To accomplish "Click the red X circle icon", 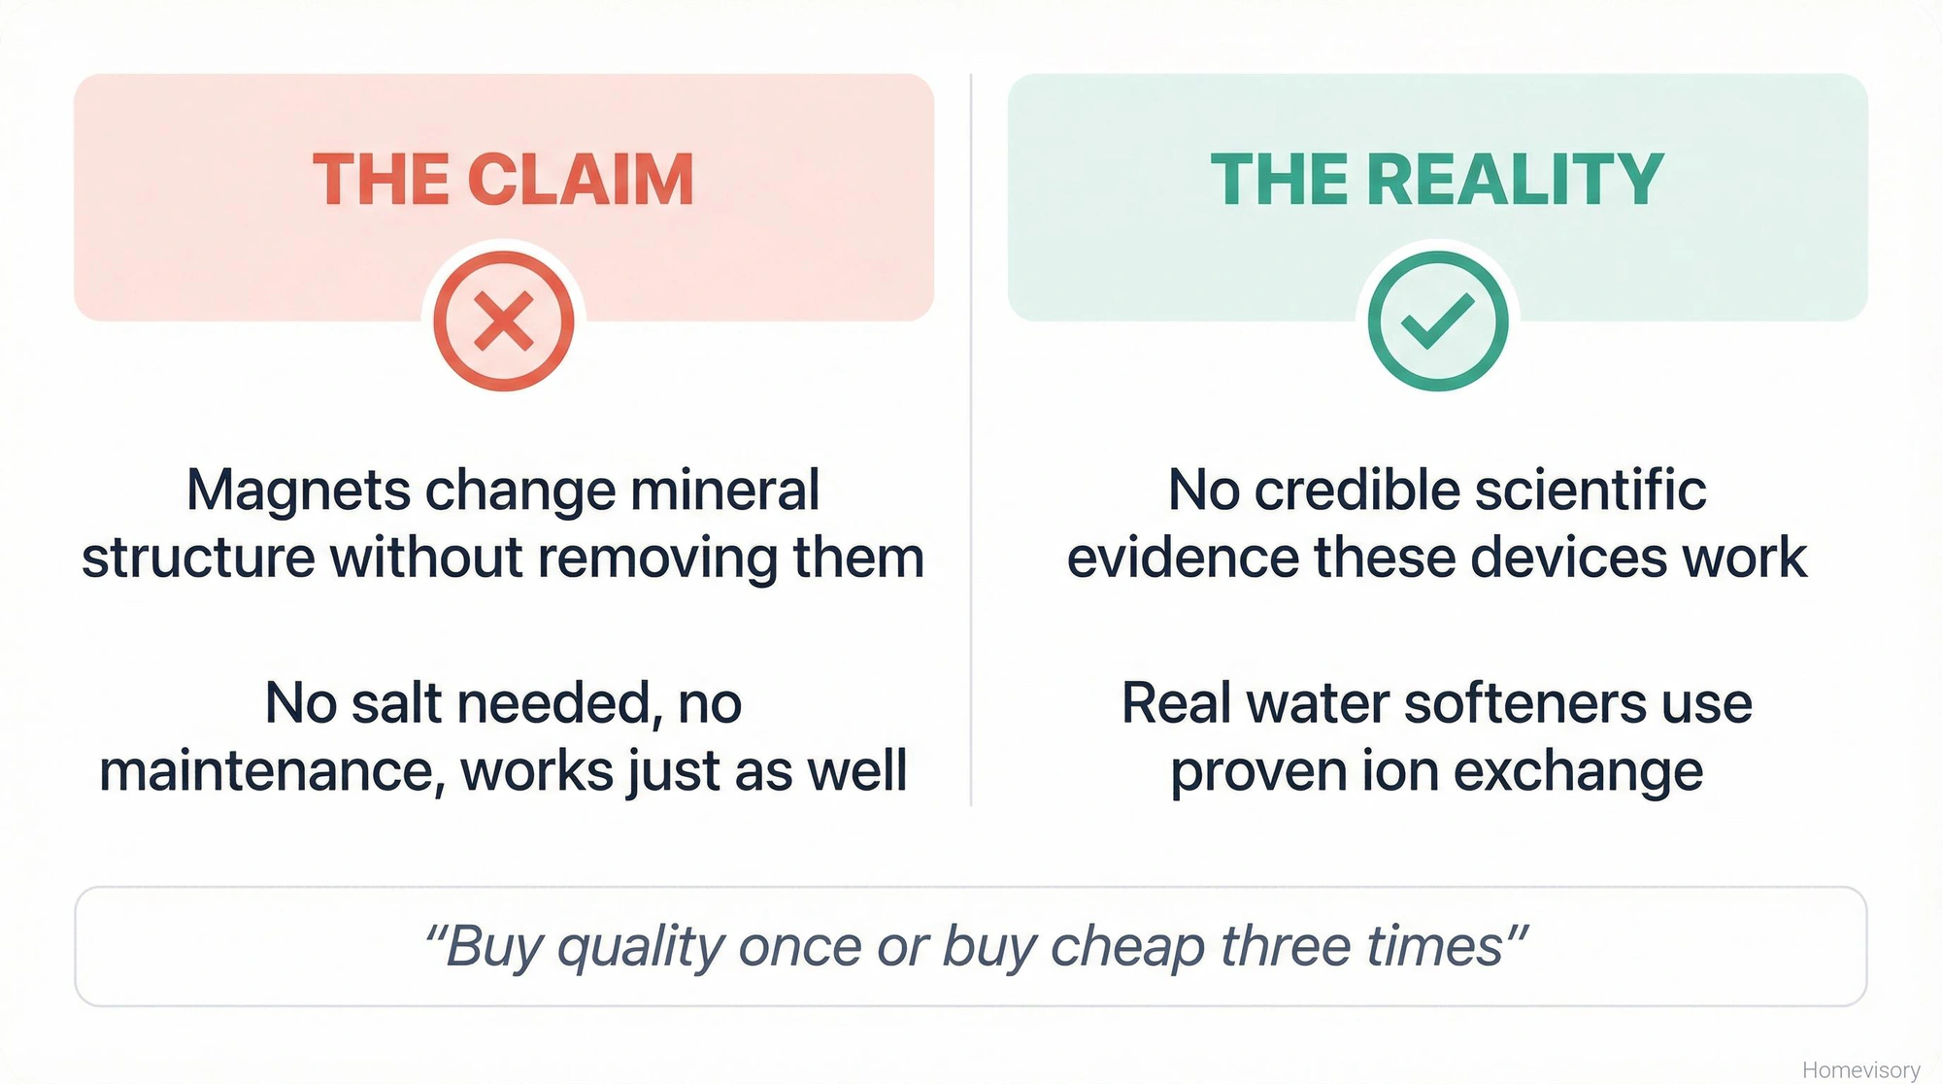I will [x=503, y=322].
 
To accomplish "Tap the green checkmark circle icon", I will [x=1437, y=322].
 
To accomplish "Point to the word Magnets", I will [x=298, y=490].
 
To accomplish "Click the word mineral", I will [x=724, y=490].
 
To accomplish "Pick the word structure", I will [x=197, y=558].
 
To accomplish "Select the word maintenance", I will [x=271, y=771].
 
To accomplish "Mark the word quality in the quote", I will [x=640, y=946].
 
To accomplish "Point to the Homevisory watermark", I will [x=1860, y=1069].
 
